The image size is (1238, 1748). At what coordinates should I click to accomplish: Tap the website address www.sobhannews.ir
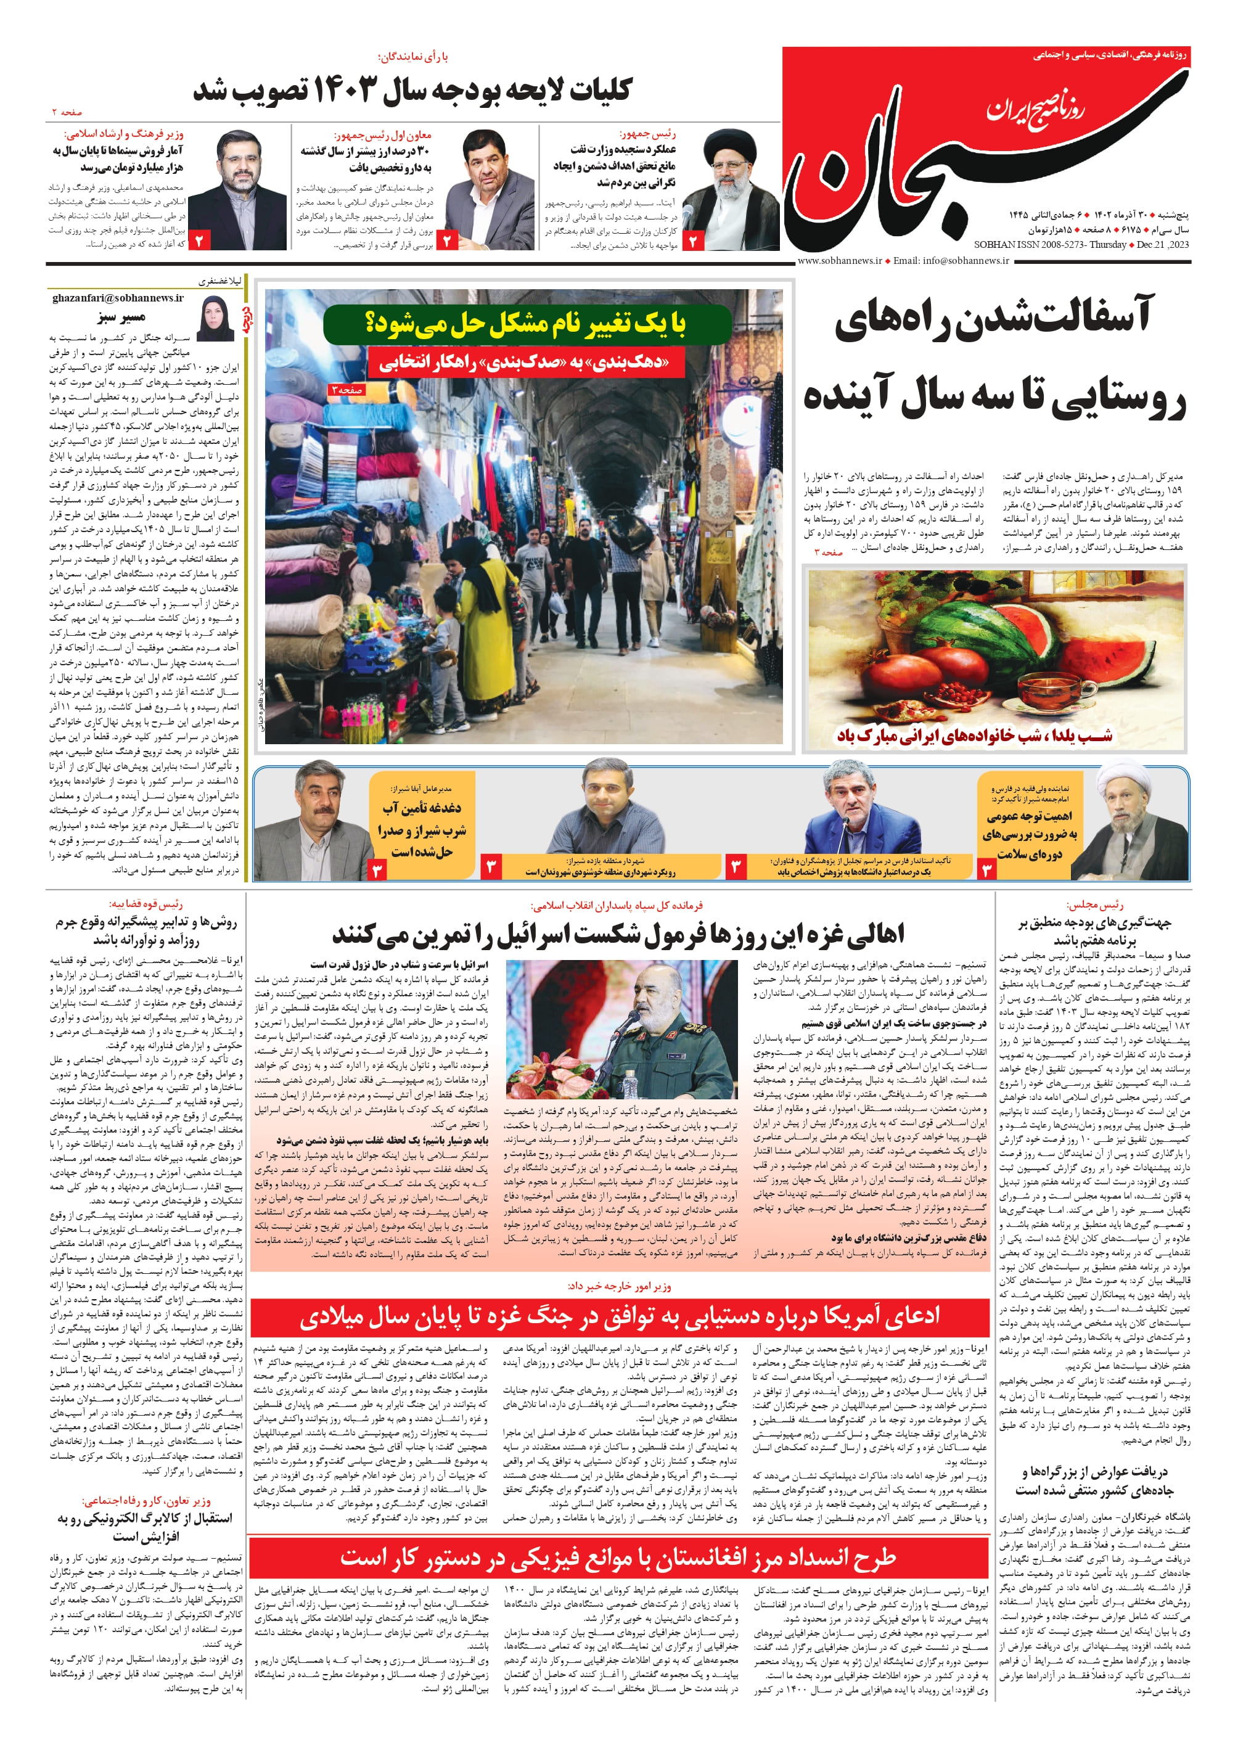[x=838, y=261]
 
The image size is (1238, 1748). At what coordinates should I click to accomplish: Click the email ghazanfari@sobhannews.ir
[x=118, y=297]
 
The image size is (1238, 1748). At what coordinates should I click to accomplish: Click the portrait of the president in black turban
[x=732, y=188]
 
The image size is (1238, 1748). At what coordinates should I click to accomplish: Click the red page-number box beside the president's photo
[x=694, y=241]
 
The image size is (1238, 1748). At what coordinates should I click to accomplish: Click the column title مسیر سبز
[x=122, y=316]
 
